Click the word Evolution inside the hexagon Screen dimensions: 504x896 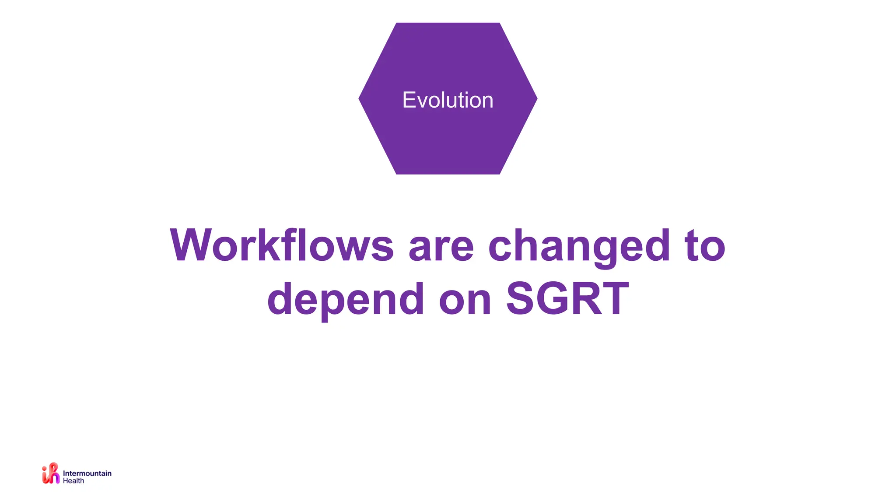click(448, 100)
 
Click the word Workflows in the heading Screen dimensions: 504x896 click(282, 245)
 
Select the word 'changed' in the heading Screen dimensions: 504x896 click(579, 246)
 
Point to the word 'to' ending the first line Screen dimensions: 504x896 click(705, 246)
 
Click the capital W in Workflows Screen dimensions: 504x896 click(191, 245)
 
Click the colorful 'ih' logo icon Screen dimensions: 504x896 click(51, 473)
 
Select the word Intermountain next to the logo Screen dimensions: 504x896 click(87, 473)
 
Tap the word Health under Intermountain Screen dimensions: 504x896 click(73, 481)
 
